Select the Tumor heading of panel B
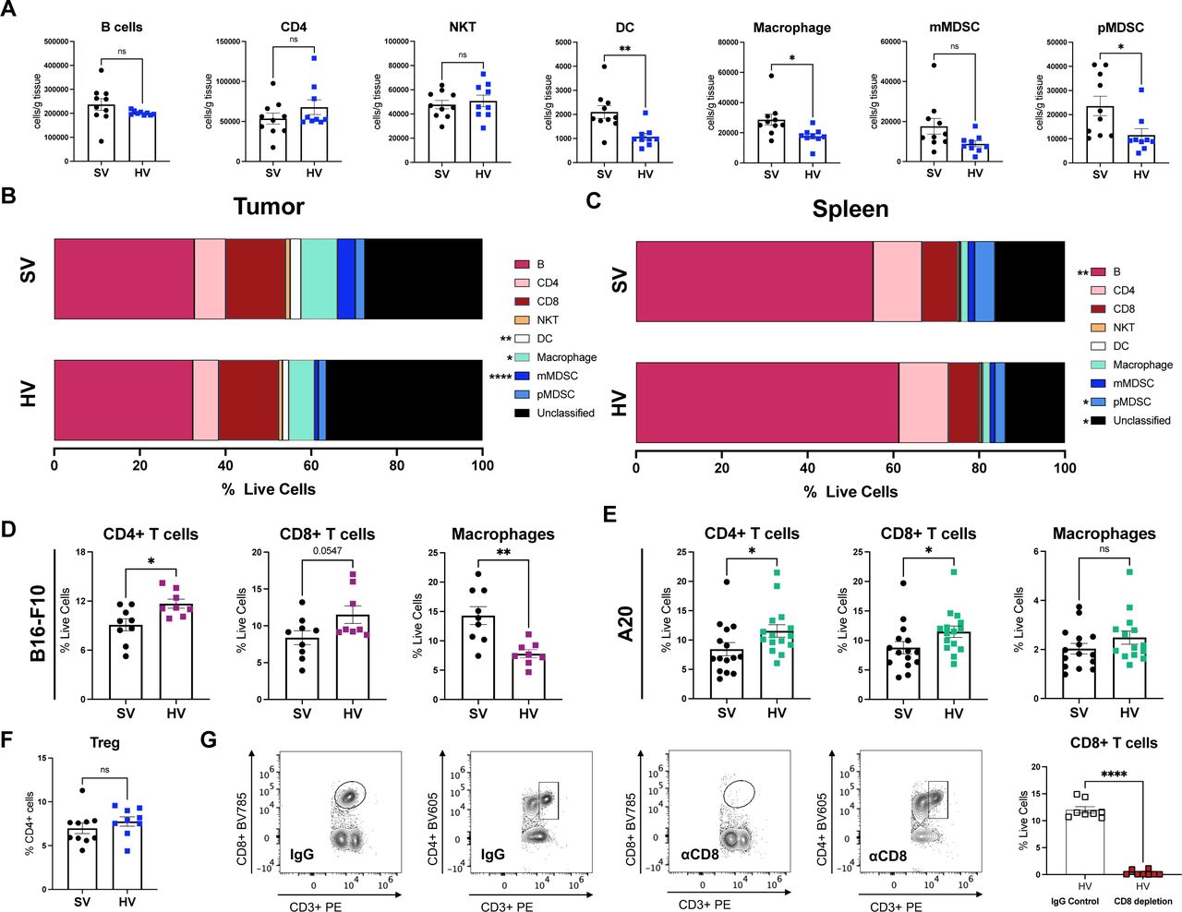[268, 206]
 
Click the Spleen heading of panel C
[850, 209]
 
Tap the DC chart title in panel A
[624, 27]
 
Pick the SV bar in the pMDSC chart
[1100, 135]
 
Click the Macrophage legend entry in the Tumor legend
[566, 357]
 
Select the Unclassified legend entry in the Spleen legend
[1141, 420]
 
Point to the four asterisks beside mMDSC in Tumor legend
[500, 377]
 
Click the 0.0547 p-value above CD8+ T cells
[327, 551]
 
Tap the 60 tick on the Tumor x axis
[311, 465]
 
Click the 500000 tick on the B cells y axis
[55, 42]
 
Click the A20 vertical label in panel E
[625, 623]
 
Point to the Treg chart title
[104, 742]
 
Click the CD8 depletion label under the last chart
[1142, 901]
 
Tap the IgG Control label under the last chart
[1075, 901]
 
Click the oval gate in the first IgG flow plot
[350, 793]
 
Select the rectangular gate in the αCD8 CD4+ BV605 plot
[937, 798]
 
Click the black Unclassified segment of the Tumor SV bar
[423, 279]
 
